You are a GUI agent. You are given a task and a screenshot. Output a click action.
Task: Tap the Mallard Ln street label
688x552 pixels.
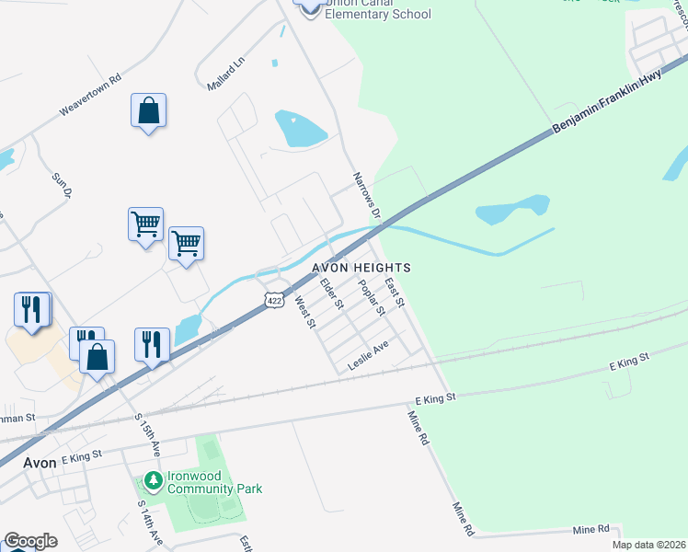[226, 74]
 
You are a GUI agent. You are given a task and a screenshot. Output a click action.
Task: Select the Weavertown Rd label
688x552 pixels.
[90, 95]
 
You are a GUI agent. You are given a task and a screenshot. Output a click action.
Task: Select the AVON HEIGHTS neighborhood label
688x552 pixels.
[361, 267]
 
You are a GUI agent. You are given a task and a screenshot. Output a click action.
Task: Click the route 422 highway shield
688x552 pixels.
[273, 300]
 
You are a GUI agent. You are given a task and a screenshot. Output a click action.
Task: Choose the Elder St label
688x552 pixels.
[331, 293]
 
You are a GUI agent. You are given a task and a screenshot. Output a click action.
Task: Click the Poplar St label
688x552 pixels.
[371, 297]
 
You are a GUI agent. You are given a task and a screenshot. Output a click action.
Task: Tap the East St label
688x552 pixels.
[396, 292]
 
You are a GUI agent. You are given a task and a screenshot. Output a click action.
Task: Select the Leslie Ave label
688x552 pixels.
[369, 355]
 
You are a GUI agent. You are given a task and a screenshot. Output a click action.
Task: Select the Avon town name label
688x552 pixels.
[40, 463]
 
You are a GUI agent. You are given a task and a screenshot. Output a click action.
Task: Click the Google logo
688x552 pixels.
[30, 541]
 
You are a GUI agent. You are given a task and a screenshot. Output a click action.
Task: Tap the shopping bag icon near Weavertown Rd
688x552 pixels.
[148, 111]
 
